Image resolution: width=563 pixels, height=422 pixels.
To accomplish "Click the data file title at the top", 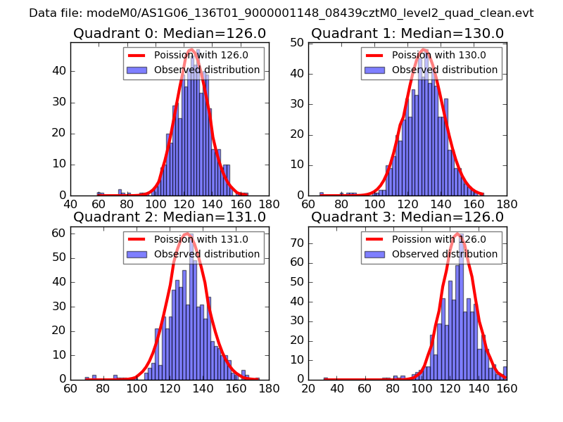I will click(281, 13).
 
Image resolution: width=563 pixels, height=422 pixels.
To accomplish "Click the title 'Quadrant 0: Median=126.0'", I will click(170, 34).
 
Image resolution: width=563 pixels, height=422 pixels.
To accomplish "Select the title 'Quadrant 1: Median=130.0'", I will click(407, 34).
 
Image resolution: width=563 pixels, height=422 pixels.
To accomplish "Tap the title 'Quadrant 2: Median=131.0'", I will click(170, 217).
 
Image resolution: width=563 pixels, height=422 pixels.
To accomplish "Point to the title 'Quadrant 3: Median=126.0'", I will click(407, 217).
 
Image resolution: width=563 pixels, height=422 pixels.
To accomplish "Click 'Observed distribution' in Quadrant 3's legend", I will click(445, 254).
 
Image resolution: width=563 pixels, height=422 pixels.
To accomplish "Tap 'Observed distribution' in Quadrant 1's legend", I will click(445, 70).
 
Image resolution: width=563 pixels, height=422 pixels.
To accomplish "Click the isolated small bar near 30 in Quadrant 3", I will click(326, 378).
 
